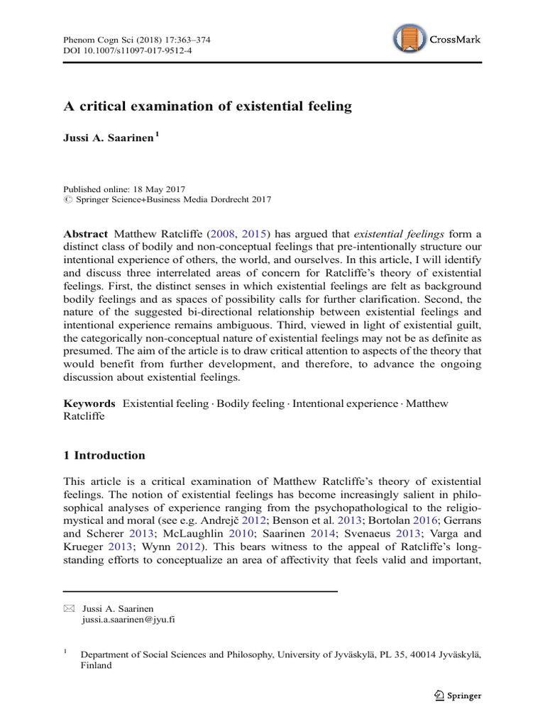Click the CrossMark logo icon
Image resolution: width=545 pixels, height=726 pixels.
coord(410,38)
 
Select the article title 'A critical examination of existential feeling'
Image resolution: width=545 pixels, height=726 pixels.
coord(207,106)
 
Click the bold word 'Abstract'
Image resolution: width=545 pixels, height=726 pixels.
coord(86,234)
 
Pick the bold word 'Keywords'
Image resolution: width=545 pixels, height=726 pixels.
coord(89,403)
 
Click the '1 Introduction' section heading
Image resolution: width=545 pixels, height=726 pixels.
coord(104,455)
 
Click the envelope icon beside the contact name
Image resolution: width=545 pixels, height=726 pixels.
coord(68,608)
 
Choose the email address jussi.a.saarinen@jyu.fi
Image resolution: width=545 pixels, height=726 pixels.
coord(128,619)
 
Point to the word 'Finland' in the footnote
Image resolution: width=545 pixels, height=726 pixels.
coord(97,666)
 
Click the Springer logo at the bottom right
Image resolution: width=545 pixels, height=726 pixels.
coord(457,696)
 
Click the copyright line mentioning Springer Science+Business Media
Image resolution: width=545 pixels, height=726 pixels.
coord(167,200)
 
